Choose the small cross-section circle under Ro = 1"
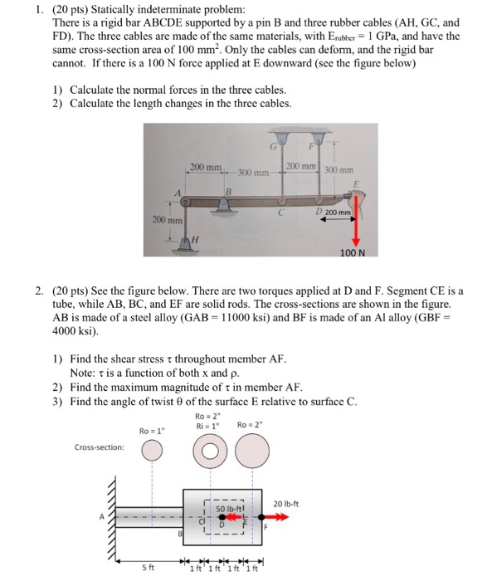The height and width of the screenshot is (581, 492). [152, 450]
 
